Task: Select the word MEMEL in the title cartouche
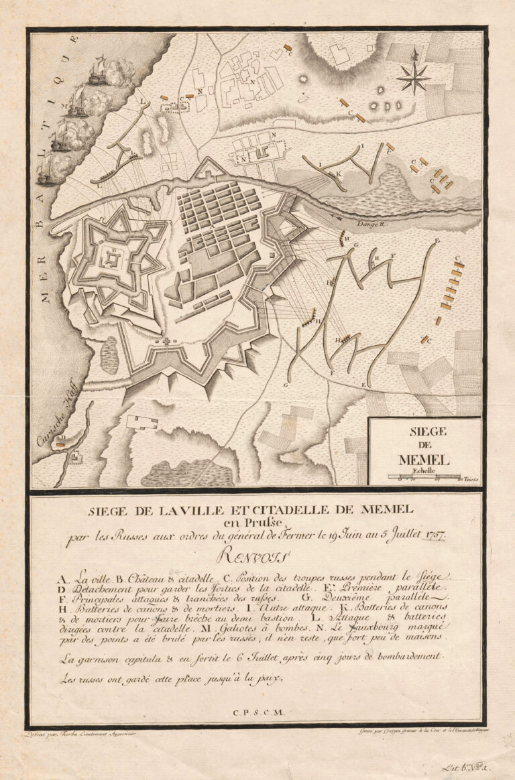click(424, 459)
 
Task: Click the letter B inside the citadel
click(115, 250)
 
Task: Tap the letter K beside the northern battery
click(339, 173)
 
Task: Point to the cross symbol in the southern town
click(163, 342)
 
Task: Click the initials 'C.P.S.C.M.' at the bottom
click(257, 714)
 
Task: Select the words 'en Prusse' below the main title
click(257, 524)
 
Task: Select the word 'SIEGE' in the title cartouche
click(424, 432)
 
